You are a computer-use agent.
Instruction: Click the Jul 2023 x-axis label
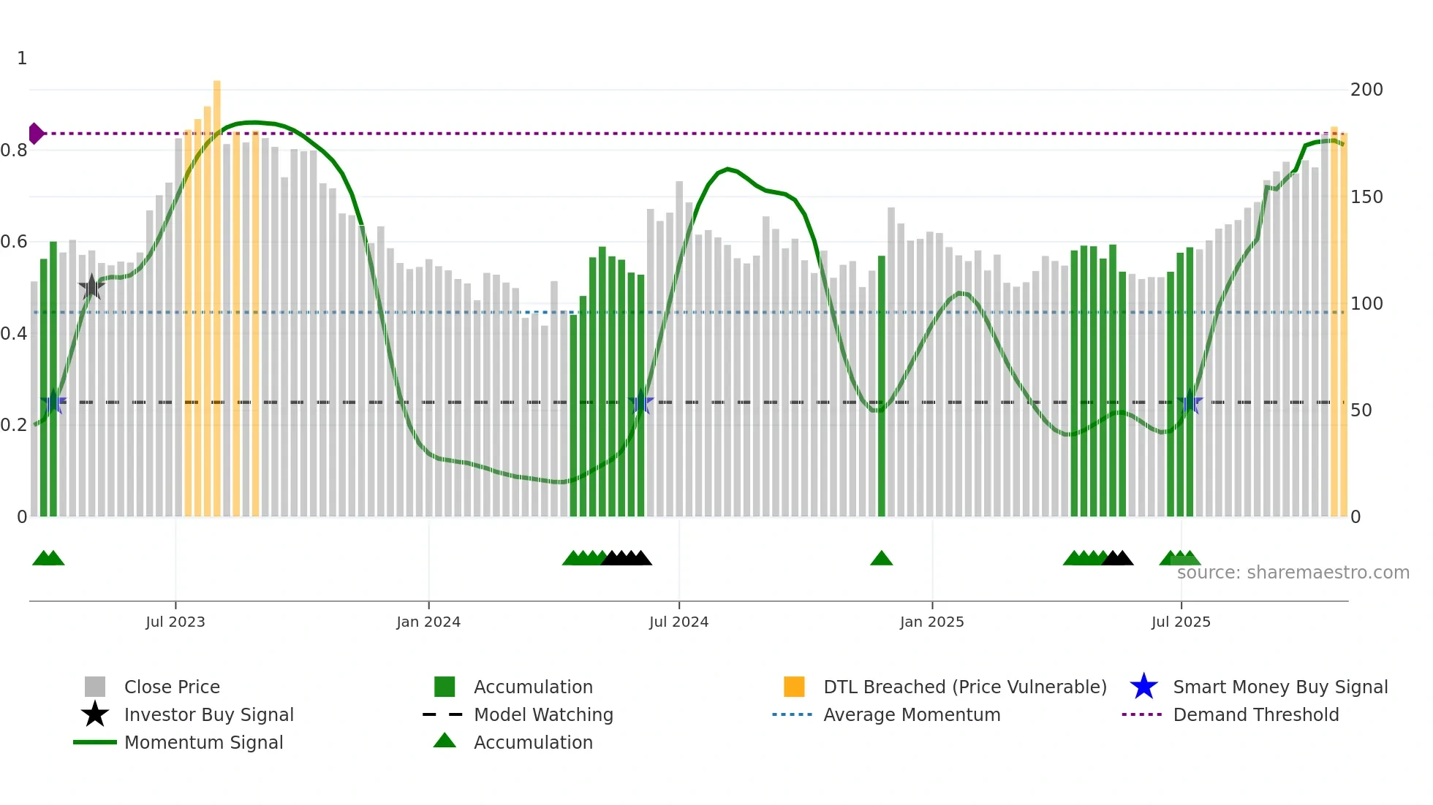(x=175, y=622)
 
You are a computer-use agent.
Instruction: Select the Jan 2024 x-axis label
(x=428, y=622)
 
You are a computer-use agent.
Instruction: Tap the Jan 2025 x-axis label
(x=931, y=622)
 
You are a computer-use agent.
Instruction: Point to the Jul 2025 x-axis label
(x=1181, y=622)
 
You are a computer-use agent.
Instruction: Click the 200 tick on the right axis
(x=1366, y=90)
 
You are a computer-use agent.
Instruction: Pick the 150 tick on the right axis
(x=1366, y=197)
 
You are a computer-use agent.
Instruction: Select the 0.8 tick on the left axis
(x=14, y=150)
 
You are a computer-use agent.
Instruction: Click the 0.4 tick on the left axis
(x=14, y=334)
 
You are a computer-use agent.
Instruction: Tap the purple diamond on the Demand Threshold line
(x=35, y=134)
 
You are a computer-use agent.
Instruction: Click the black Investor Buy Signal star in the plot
(x=91, y=287)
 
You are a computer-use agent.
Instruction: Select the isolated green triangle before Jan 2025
(x=881, y=559)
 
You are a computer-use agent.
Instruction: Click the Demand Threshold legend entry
(x=1255, y=714)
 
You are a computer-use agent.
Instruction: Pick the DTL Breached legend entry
(x=964, y=687)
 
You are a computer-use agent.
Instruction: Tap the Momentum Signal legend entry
(x=203, y=742)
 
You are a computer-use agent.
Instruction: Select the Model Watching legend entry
(x=543, y=714)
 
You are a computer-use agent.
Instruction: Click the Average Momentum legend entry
(x=911, y=714)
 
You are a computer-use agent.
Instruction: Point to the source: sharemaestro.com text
(x=1293, y=573)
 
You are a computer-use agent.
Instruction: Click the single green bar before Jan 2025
(x=881, y=387)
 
